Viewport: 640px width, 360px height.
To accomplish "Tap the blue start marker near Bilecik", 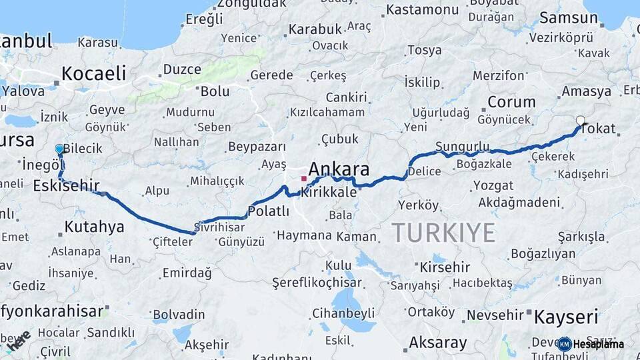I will (x=59, y=149).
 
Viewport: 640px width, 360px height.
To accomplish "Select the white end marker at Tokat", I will (x=580, y=121).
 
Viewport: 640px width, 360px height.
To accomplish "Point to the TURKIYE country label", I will (x=443, y=233).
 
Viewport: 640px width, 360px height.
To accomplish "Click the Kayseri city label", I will (x=566, y=316).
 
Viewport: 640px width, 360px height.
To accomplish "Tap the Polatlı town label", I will (x=268, y=211).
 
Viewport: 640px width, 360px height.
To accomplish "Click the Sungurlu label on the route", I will (x=462, y=146).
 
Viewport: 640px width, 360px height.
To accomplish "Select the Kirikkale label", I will (x=329, y=191).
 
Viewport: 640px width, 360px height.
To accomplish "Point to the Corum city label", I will (x=511, y=102).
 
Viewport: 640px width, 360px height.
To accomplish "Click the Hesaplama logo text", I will (x=598, y=344).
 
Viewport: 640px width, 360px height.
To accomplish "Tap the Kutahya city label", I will (x=94, y=227).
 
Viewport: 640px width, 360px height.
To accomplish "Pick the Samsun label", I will (x=569, y=18).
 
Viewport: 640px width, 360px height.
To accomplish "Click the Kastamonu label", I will (x=422, y=9).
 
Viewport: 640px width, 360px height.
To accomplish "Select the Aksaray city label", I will (x=438, y=343).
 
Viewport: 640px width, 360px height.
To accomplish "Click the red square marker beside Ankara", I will (x=304, y=178).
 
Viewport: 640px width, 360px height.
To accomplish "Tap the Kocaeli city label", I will (x=93, y=73).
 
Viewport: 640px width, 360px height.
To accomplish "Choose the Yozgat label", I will (x=493, y=185).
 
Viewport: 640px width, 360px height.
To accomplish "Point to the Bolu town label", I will (x=215, y=90).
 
